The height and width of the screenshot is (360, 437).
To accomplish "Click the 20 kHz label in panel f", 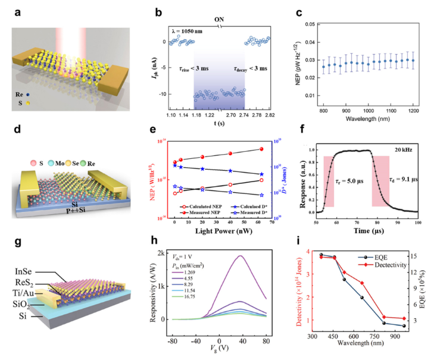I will pos(400,150).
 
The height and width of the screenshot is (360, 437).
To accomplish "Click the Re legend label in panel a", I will pos(21,93).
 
